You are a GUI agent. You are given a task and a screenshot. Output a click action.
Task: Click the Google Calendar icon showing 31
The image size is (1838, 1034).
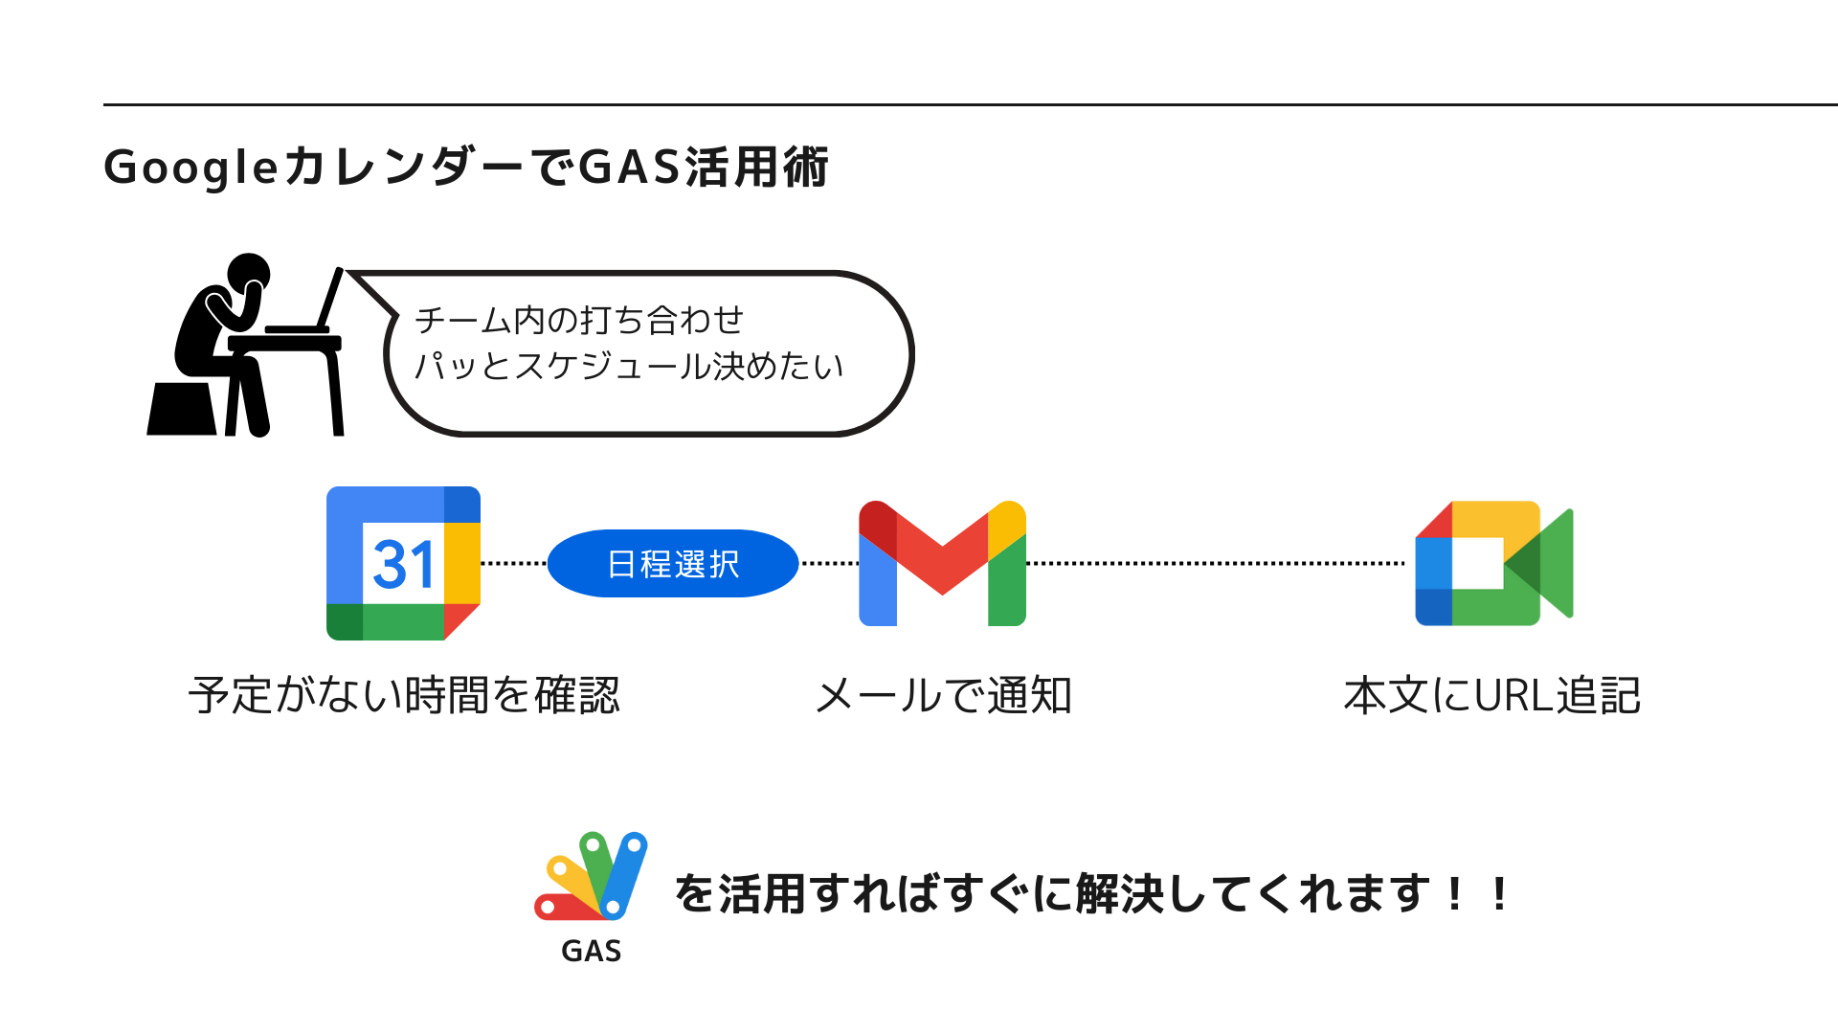403,563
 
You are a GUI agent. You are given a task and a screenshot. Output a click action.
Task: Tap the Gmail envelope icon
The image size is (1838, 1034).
942,563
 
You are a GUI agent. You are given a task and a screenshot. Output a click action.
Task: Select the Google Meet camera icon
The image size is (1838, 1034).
1493,563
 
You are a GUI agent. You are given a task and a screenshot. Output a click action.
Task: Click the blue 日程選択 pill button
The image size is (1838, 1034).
673,564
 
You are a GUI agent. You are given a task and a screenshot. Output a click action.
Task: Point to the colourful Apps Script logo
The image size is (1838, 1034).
592,876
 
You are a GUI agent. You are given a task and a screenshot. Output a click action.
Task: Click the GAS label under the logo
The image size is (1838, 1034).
592,951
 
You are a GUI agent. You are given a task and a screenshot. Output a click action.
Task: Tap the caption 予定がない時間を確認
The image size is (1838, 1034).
404,695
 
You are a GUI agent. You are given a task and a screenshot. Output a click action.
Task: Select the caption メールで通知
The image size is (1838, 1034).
943,695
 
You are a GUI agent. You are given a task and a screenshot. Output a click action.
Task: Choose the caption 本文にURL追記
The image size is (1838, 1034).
1492,695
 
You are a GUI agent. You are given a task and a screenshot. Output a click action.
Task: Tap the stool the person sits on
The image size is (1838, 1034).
183,410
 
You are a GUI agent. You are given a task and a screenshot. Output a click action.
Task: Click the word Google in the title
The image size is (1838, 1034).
191,168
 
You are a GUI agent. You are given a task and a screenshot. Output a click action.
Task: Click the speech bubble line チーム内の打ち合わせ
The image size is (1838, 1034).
579,320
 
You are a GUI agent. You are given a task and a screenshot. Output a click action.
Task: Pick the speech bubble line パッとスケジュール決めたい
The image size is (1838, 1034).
629,366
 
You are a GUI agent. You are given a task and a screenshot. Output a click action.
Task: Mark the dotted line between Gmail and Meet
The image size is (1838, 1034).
1216,564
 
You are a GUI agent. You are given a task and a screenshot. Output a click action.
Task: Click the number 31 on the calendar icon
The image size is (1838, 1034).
403,564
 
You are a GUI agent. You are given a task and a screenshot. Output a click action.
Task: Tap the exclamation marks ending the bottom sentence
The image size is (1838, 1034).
1477,894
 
